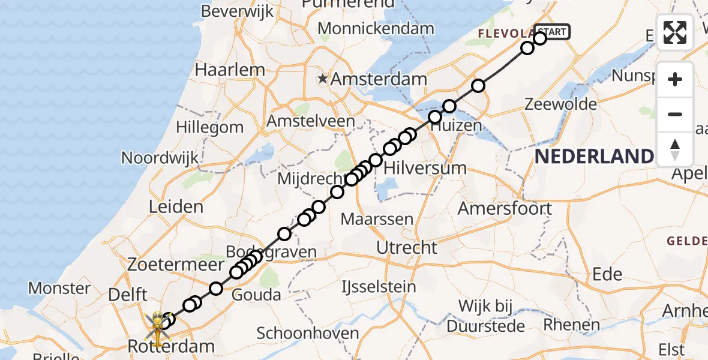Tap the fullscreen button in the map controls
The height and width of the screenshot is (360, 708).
click(x=675, y=32)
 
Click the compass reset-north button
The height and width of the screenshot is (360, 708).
click(x=675, y=149)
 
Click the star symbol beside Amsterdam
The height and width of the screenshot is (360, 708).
click(x=323, y=79)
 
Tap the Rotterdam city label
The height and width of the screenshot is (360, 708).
click(x=171, y=346)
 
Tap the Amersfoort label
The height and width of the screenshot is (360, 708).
click(x=505, y=209)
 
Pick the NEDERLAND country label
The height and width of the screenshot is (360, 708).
click(x=593, y=157)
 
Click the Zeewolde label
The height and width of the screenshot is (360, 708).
click(x=560, y=104)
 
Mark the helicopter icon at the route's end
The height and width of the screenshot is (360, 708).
click(x=157, y=328)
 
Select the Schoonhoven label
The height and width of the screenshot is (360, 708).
click(x=308, y=334)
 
